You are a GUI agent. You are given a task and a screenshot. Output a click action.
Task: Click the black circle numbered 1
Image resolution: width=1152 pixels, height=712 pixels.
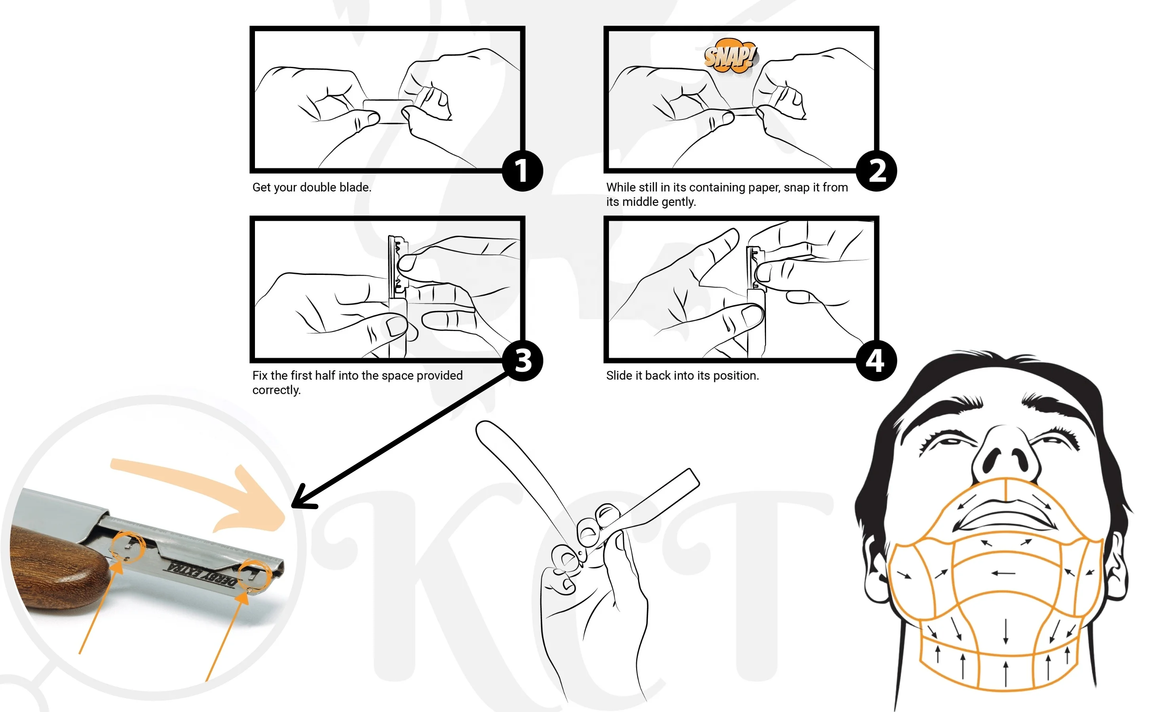(x=522, y=170)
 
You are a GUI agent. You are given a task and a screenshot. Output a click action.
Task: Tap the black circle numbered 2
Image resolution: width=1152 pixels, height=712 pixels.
(x=876, y=170)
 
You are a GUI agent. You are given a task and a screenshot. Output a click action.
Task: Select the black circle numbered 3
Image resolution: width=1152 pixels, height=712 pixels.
(x=522, y=361)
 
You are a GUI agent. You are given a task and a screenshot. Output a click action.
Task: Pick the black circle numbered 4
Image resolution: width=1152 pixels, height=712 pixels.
(x=876, y=361)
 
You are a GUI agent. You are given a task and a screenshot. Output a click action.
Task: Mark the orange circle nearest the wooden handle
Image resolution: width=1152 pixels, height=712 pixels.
(x=128, y=546)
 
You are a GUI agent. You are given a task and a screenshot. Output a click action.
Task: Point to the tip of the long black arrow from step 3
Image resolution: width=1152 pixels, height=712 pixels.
(x=293, y=507)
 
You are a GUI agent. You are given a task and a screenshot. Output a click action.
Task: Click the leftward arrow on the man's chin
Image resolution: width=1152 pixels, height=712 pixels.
(x=1003, y=574)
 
